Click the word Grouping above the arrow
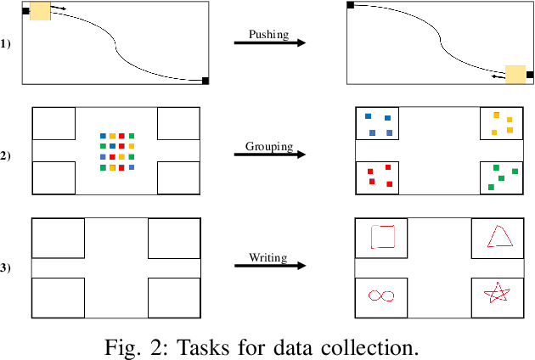(269, 146)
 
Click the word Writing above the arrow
(269, 256)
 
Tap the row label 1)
(7, 42)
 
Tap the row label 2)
(7, 155)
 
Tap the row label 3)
(7, 267)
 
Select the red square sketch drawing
(384, 237)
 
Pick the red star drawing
(498, 294)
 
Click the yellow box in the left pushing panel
(39, 11)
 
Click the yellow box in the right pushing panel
(515, 75)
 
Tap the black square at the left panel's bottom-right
(206, 81)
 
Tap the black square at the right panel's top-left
(351, 5)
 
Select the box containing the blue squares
(376, 123)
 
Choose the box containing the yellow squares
(503, 123)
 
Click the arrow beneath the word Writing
(270, 266)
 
